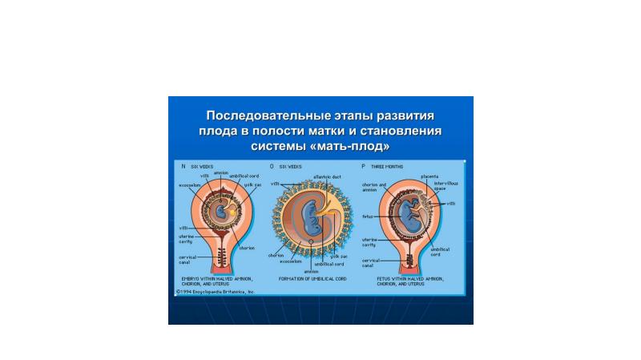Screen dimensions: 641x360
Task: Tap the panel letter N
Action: click(183, 166)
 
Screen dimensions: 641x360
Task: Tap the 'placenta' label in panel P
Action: click(429, 175)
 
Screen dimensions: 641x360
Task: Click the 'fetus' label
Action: click(368, 216)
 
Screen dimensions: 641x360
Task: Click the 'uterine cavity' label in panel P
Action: click(369, 241)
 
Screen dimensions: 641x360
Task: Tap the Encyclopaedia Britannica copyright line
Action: click(216, 292)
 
